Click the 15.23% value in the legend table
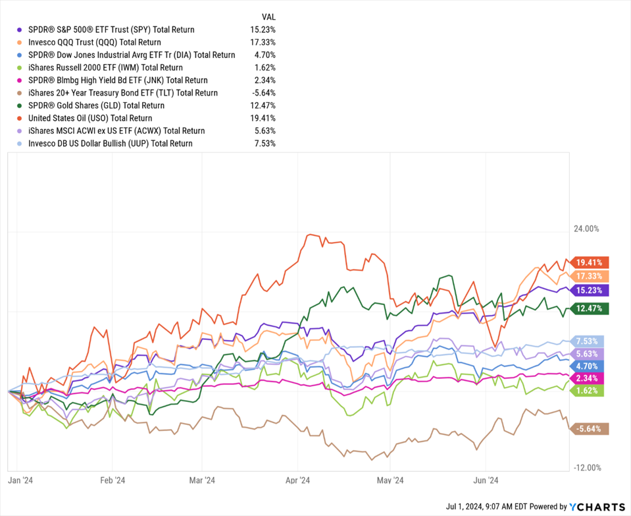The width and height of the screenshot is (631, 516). pyautogui.click(x=264, y=30)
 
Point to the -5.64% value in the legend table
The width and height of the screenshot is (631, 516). pyautogui.click(x=264, y=93)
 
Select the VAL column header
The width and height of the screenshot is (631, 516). pyautogui.click(x=268, y=16)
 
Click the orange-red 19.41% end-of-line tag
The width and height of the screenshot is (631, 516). pyautogui.click(x=591, y=262)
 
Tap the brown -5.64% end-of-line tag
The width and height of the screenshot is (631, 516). pyautogui.click(x=591, y=429)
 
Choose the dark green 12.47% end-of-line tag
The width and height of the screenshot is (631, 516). pyautogui.click(x=591, y=308)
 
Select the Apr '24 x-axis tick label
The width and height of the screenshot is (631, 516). pyautogui.click(x=298, y=480)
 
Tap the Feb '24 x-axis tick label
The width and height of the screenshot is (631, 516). pyautogui.click(x=113, y=480)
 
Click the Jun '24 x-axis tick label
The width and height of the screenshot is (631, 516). pyautogui.click(x=485, y=480)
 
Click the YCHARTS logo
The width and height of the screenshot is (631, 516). pyautogui.click(x=597, y=507)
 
